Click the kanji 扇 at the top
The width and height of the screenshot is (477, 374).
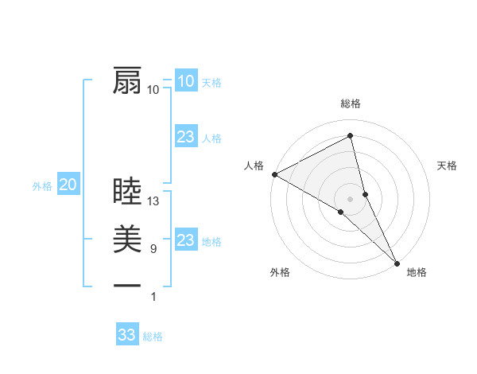127,80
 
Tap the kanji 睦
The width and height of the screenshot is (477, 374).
127,192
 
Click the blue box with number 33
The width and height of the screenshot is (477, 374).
127,335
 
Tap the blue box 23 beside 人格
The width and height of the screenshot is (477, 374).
186,137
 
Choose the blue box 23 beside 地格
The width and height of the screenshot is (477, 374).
186,240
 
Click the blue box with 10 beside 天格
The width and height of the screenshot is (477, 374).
186,81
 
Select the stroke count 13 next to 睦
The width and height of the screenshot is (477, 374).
154,201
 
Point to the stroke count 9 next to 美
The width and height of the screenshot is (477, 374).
153,249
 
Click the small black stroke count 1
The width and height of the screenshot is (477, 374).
153,297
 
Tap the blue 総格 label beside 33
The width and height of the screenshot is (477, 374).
153,337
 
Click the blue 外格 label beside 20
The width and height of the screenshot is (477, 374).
42,186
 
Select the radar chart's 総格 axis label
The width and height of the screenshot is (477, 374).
351,103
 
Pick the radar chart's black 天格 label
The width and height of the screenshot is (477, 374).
448,166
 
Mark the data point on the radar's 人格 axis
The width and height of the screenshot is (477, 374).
274,173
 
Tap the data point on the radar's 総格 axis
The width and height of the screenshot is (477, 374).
351,136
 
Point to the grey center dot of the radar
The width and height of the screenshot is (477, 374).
351,198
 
